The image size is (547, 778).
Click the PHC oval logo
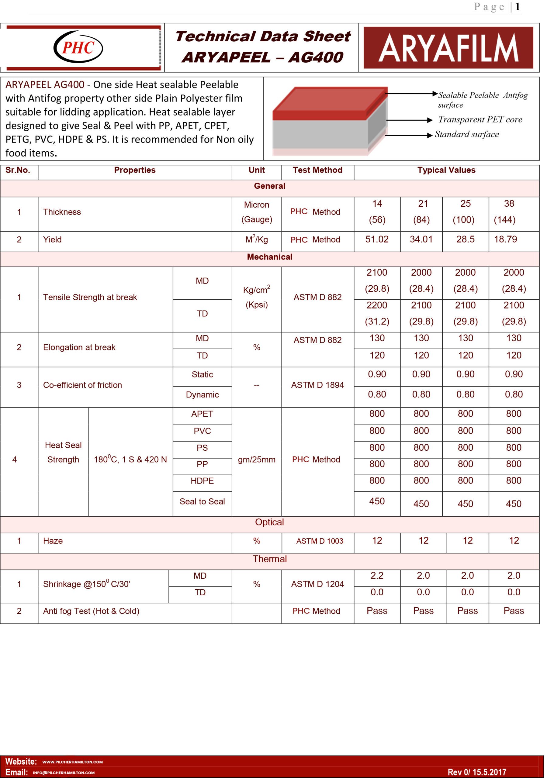click(x=78, y=47)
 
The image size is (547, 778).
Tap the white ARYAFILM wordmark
click(x=448, y=48)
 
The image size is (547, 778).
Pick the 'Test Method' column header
click(x=317, y=170)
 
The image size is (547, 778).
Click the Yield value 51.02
click(x=377, y=239)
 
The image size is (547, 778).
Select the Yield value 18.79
click(x=505, y=239)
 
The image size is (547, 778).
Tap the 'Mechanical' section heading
click(x=270, y=257)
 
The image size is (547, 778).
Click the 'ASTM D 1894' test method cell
click(x=317, y=385)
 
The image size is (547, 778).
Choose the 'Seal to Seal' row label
click(x=202, y=501)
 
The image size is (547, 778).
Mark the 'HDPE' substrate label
click(x=202, y=481)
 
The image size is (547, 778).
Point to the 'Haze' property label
click(x=53, y=541)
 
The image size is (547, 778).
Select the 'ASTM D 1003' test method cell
click(x=320, y=541)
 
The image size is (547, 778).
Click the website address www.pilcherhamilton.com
click(x=73, y=762)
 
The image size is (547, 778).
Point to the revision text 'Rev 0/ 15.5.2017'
click(x=477, y=772)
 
